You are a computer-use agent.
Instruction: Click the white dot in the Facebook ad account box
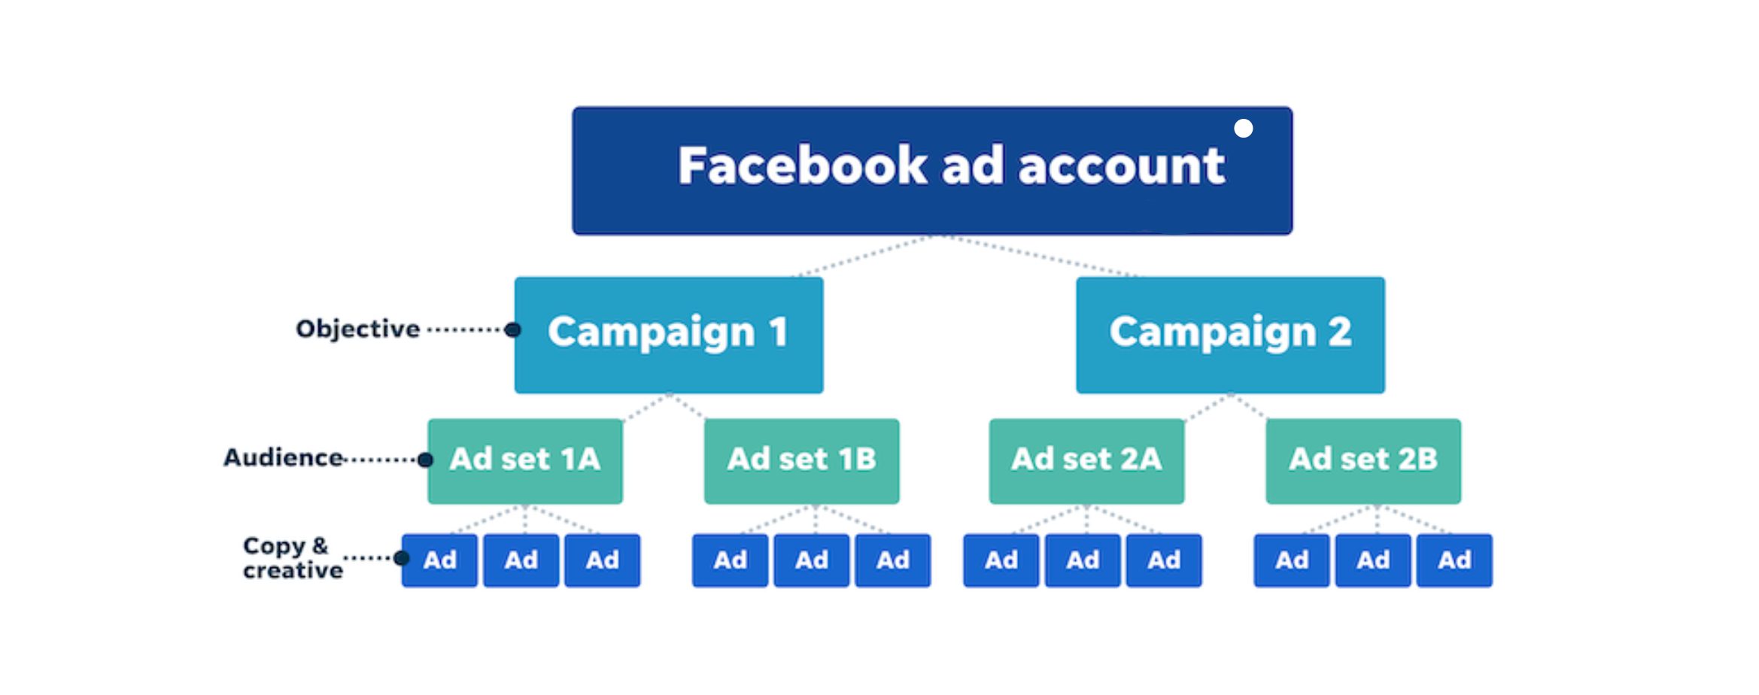1244,129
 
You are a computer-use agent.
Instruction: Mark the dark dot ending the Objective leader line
513,329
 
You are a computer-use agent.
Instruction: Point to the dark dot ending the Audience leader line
425,460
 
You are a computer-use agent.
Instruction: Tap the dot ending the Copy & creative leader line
401,558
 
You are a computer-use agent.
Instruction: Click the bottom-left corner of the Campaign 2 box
1077,393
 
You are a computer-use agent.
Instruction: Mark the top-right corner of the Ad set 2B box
1461,420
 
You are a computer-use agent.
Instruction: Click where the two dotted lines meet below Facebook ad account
937,236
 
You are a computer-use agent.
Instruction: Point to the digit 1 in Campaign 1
779,332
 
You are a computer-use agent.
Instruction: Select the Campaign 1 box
669,335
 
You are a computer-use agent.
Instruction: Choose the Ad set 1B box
801,461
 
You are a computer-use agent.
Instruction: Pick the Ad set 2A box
1086,461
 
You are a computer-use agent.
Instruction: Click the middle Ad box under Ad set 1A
521,560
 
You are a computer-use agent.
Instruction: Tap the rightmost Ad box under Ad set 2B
1454,560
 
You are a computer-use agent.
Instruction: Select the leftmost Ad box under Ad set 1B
730,560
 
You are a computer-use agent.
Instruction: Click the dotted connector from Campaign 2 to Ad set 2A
1207,407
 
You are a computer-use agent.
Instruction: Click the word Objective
358,329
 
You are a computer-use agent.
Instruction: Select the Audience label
284,457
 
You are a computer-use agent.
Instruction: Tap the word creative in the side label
293,571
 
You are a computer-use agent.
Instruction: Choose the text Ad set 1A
525,459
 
